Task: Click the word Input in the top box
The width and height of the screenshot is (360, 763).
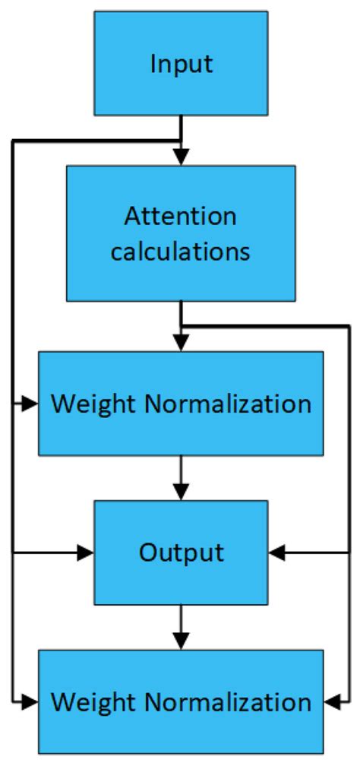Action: [181, 64]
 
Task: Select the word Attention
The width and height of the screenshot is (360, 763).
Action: [180, 217]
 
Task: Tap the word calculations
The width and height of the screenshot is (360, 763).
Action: [180, 252]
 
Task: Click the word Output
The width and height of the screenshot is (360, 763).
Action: [181, 552]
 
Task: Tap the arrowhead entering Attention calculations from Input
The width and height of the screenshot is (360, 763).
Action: [181, 159]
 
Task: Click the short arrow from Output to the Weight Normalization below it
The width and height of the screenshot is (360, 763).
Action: [181, 627]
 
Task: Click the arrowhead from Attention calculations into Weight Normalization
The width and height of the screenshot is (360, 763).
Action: [181, 344]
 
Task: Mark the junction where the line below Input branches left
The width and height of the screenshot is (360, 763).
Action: [181, 141]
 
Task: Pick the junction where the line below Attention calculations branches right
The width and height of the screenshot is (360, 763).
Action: [181, 326]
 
